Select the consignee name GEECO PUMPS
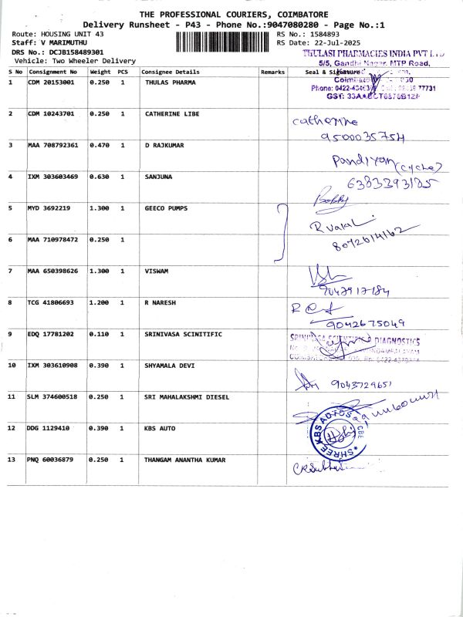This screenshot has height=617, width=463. [166, 208]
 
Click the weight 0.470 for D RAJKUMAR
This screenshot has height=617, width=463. [100, 145]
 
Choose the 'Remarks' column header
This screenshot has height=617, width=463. [272, 72]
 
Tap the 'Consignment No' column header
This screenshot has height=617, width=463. [53, 72]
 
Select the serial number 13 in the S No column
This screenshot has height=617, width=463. [12, 460]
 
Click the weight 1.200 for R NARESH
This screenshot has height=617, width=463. [100, 302]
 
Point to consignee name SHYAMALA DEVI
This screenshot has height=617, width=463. [171, 365]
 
